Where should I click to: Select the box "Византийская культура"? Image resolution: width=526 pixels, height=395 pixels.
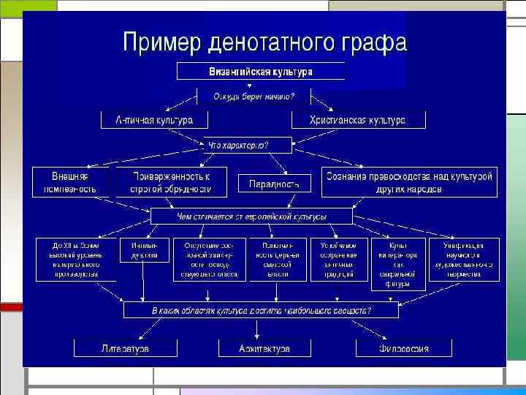point(261,72)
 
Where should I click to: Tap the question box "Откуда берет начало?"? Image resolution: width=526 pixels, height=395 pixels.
point(254,96)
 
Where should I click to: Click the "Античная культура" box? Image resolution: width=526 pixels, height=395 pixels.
point(154,119)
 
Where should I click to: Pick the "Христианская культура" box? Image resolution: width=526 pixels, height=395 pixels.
point(357,119)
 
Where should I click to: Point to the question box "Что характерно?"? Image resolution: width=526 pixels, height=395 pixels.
point(239,145)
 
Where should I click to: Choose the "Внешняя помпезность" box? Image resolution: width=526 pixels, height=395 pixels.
point(70,182)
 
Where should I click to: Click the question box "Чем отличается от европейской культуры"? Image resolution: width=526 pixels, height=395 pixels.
point(251,217)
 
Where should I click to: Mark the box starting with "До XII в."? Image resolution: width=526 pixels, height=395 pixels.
point(76,259)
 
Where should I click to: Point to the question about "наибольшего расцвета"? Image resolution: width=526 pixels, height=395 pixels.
point(261,310)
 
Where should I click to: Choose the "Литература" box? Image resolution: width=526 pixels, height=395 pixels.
point(125,348)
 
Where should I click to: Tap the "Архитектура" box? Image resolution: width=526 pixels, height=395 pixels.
point(264,348)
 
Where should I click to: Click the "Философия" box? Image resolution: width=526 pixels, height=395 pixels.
point(403,348)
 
